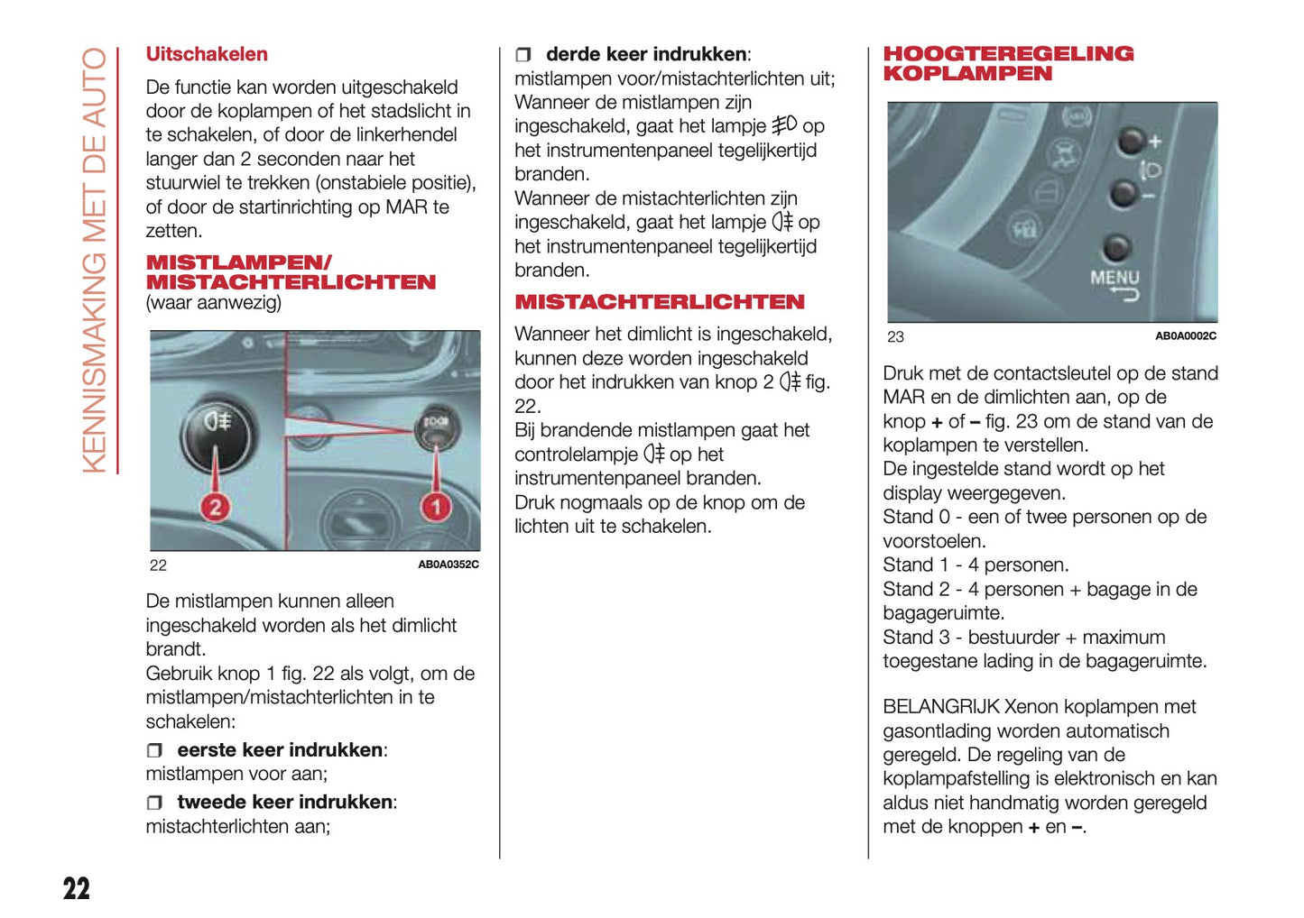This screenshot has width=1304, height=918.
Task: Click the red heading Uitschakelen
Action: [x=207, y=54]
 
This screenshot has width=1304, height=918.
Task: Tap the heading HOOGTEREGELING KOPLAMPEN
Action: [x=1007, y=64]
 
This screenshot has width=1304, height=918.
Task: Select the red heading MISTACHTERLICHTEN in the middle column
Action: [x=659, y=302]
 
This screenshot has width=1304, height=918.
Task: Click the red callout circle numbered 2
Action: [x=215, y=507]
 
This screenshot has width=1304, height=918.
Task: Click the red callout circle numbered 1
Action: [x=436, y=507]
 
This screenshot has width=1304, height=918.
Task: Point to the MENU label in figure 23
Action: [x=1114, y=278]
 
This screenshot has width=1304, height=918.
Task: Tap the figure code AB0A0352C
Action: [x=448, y=565]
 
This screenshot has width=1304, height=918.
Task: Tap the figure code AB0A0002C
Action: [x=1185, y=336]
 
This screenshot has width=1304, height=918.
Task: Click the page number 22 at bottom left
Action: [x=77, y=888]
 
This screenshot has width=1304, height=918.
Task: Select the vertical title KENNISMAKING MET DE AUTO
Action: [x=95, y=261]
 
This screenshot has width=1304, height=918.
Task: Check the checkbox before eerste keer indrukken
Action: [x=154, y=750]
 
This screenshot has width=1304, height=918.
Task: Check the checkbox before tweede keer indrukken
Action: [x=154, y=803]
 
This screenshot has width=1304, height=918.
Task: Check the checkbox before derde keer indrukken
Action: [x=523, y=55]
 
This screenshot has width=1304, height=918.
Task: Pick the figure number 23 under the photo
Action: [x=895, y=336]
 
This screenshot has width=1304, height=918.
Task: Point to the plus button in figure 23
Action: [x=1131, y=140]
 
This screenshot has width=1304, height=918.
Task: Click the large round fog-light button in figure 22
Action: [x=217, y=433]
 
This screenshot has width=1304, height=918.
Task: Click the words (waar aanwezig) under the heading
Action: [x=213, y=303]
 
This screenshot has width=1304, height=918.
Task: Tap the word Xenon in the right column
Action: [x=1031, y=707]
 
